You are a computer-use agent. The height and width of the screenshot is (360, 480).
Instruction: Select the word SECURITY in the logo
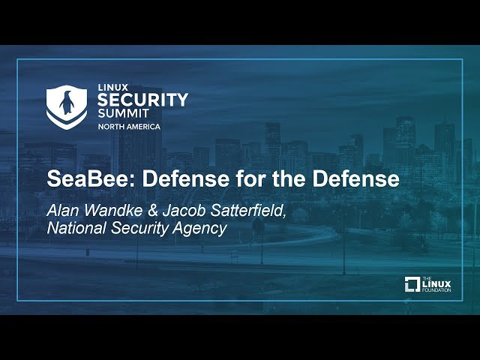(142, 100)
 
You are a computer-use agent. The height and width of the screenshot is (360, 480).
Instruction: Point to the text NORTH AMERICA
(128, 127)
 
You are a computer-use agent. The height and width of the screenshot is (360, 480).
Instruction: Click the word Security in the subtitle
(139, 229)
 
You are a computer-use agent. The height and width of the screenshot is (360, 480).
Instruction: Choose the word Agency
(199, 229)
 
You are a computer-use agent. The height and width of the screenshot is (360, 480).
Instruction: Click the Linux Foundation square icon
(412, 284)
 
